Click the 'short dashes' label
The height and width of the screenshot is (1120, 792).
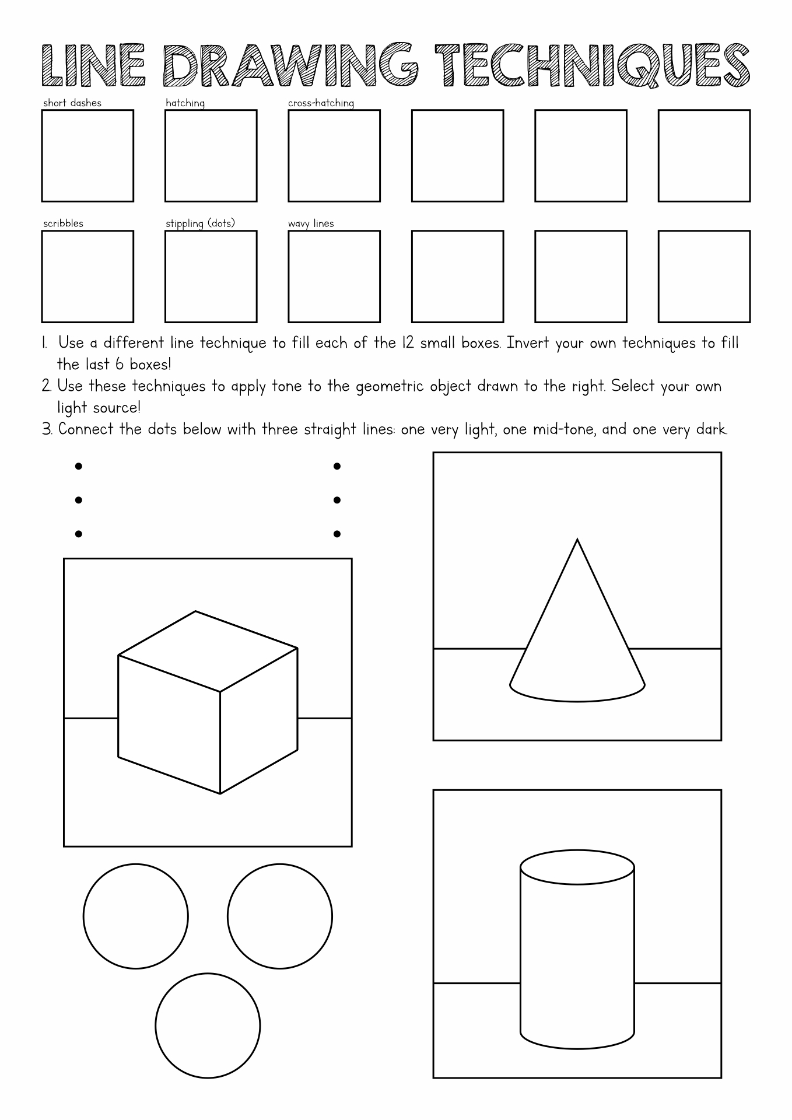[x=72, y=103]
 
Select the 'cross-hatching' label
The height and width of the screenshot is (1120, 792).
[x=321, y=103]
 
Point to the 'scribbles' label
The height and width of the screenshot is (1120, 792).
[x=63, y=223]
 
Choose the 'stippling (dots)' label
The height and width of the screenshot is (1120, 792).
[x=200, y=223]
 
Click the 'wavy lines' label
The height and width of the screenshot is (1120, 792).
[x=311, y=223]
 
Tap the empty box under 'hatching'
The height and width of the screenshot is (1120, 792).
[x=211, y=156]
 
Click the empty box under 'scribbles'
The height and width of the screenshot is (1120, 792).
[x=87, y=276]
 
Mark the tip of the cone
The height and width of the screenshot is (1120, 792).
[x=577, y=540]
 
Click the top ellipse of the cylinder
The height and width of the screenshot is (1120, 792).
[x=577, y=866]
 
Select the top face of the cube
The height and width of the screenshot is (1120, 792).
[x=207, y=650]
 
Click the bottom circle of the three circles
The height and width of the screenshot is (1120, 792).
[x=207, y=1025]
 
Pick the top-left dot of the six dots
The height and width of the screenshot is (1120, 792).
[x=79, y=466]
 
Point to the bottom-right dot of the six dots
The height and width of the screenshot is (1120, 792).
[x=337, y=534]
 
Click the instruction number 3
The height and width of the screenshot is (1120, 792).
[x=47, y=430]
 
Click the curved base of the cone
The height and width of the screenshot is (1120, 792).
[x=577, y=699]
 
